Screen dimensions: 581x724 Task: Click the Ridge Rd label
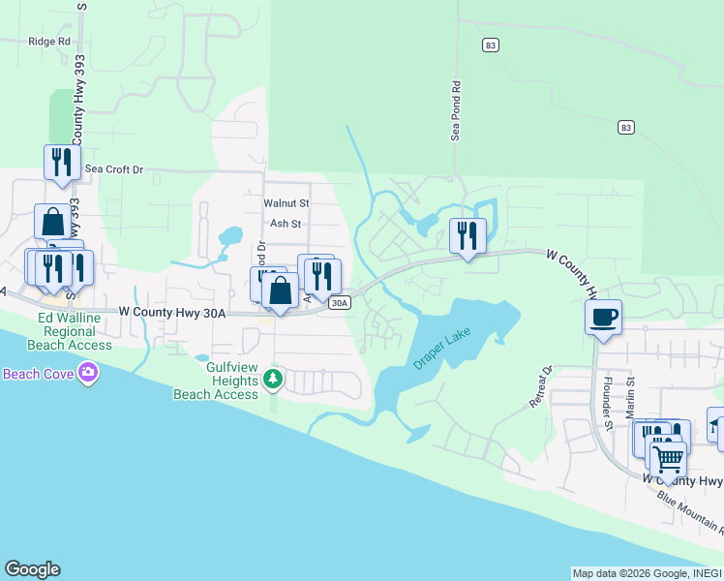point(49,42)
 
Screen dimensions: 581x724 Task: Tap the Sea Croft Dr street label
point(113,169)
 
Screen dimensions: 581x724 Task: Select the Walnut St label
point(286,203)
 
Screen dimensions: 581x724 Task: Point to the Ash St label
point(286,224)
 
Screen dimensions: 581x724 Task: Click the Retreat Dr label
point(540,385)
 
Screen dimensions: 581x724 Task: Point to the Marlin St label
point(629,397)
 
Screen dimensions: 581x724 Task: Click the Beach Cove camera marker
point(89,372)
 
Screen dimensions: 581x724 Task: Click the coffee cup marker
point(603,316)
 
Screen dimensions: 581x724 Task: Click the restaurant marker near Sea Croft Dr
point(61,162)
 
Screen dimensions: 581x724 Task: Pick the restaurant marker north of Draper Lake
point(468,235)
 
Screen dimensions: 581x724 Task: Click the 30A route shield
point(338,303)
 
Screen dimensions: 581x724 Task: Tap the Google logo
point(32,569)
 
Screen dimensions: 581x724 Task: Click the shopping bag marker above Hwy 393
point(52,221)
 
